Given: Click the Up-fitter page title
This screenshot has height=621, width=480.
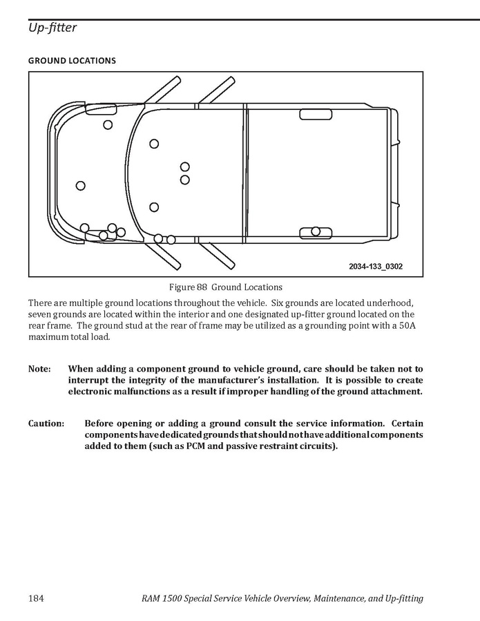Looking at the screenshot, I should (x=52, y=28).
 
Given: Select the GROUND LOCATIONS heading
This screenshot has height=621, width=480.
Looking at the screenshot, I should (x=72, y=61).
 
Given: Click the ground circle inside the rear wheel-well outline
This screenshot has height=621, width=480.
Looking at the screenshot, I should (x=316, y=231).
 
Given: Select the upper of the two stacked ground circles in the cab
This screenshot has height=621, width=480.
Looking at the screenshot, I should (x=185, y=166).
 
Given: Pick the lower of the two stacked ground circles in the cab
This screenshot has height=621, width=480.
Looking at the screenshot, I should (x=185, y=180).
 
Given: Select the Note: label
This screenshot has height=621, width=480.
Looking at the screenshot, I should (x=39, y=370).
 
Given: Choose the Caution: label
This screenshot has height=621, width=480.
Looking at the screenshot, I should (x=46, y=423).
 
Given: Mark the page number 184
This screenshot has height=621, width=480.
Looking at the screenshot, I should (x=37, y=598).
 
